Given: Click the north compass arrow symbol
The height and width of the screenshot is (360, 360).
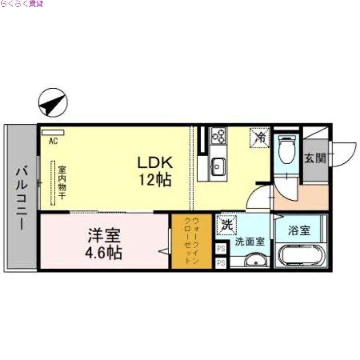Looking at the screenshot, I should pyautogui.click(x=53, y=103).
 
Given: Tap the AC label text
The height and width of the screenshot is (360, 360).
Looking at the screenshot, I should pyautogui.click(x=53, y=141).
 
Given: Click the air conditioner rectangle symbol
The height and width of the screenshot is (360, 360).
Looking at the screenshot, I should pyautogui.click(x=53, y=133).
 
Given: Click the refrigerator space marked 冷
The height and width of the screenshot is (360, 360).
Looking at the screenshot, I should pyautogui.click(x=260, y=137).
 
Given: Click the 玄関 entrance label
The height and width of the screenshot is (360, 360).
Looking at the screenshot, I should pyautogui.click(x=315, y=158).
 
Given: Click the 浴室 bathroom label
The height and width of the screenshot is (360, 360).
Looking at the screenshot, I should pyautogui.click(x=299, y=231).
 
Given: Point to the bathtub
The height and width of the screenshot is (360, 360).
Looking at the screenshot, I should pyautogui.click(x=300, y=255).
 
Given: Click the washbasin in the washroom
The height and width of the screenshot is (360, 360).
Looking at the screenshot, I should pyautogui.click(x=255, y=261).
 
